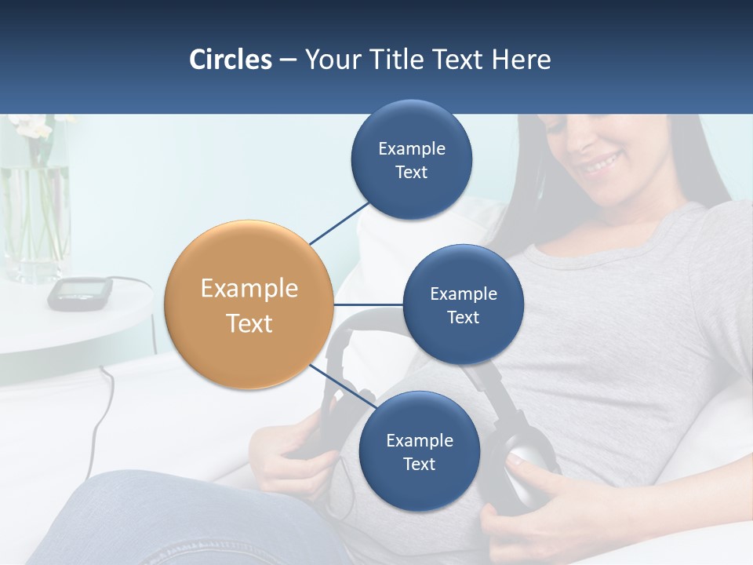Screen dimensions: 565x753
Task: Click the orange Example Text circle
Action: point(249,304)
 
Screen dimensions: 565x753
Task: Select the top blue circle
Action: point(411,160)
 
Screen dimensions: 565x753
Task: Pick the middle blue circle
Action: point(463,304)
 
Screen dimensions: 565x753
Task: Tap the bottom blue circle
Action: point(419,451)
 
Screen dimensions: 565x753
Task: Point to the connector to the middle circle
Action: point(369,304)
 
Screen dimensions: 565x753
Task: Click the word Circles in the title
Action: point(231,60)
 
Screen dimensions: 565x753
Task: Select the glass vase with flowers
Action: point(35,220)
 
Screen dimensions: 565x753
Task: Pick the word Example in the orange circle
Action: point(249,289)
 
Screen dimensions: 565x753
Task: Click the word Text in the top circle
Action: point(411,173)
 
